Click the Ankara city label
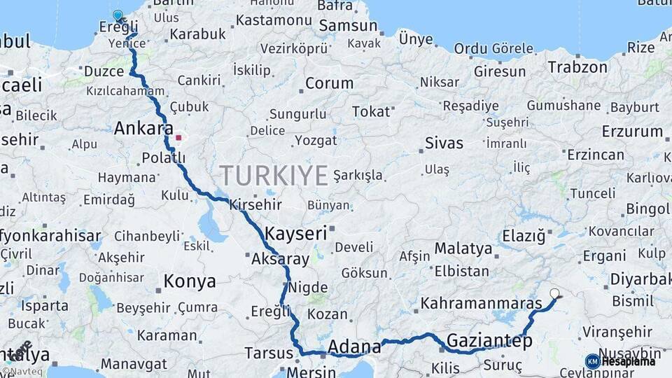[143, 129]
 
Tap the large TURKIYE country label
[274, 175]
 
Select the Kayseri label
[296, 233]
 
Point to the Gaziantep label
[489, 341]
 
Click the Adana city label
[354, 346]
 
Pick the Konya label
[190, 281]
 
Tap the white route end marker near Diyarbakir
[554, 294]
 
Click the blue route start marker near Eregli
[118, 15]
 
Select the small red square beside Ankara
[178, 138]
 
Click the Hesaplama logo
[621, 361]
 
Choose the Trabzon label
[577, 67]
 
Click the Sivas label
[444, 143]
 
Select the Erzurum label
[632, 131]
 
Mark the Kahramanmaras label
[481, 304]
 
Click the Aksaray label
[280, 259]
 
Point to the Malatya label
[463, 248]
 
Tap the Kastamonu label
[274, 20]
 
